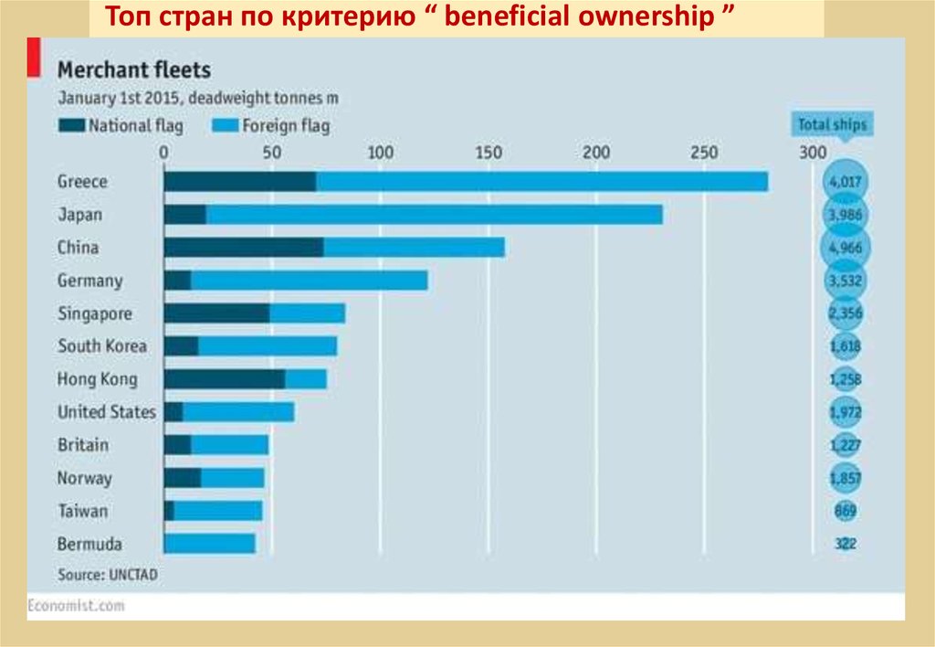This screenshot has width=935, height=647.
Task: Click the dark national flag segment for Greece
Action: (239, 182)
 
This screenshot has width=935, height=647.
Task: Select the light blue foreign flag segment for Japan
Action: (434, 215)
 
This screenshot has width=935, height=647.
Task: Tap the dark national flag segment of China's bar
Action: (243, 248)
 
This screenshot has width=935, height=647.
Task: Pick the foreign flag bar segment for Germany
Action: (309, 281)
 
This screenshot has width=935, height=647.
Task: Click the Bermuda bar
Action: (209, 544)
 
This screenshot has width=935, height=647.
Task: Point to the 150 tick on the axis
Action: (489, 153)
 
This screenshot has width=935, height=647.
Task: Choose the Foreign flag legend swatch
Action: (225, 125)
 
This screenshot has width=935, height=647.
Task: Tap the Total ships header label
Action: (832, 124)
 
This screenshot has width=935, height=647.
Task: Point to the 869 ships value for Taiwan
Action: (846, 511)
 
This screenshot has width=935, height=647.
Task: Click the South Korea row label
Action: (101, 346)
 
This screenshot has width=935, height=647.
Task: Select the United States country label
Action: (106, 412)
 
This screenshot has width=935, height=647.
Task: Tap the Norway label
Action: (84, 478)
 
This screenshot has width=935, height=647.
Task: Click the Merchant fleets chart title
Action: (134, 69)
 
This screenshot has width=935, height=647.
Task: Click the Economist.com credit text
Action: (75, 605)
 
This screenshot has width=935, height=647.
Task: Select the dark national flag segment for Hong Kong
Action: (224, 379)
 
